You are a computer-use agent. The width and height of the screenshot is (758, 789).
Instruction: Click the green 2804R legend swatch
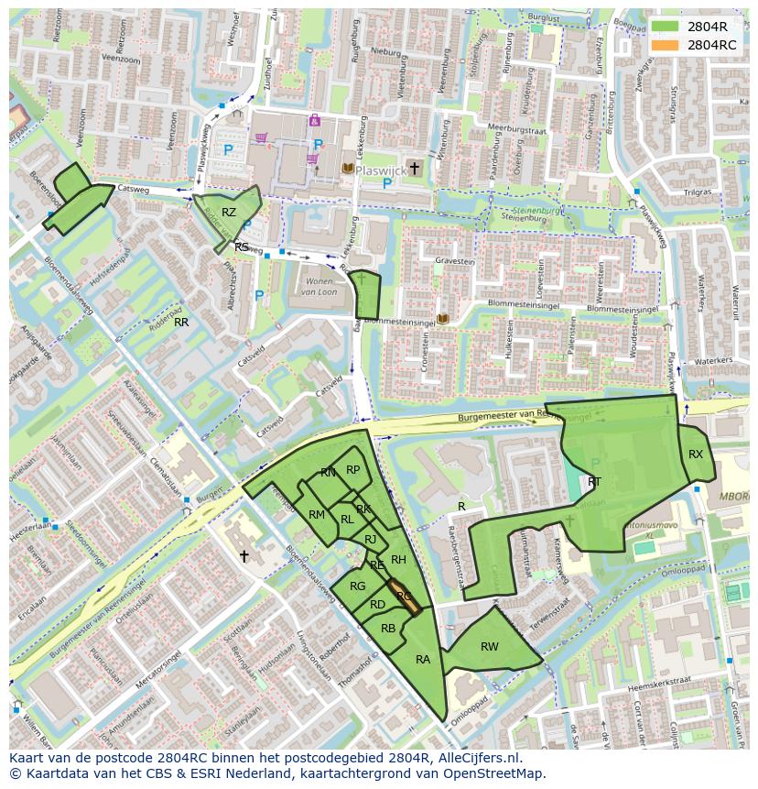click(x=666, y=27)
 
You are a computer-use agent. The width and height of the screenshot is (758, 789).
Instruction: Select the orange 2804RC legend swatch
click(x=666, y=45)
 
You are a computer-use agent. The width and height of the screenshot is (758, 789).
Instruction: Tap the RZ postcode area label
click(x=229, y=213)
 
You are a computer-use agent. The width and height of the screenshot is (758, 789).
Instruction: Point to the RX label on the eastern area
click(x=696, y=455)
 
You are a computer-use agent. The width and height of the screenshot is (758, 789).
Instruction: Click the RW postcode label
click(x=490, y=647)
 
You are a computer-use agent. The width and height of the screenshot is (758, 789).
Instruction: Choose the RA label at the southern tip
click(x=423, y=660)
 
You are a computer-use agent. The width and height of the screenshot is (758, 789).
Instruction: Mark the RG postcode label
click(x=357, y=586)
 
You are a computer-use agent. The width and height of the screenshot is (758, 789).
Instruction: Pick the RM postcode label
click(x=317, y=515)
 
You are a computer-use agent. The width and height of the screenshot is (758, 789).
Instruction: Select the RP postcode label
click(x=352, y=470)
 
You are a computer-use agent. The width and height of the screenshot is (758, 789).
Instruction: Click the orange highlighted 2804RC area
click(x=403, y=596)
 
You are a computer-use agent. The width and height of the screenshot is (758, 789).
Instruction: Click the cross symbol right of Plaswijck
click(x=415, y=168)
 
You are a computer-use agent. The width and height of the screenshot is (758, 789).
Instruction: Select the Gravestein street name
click(x=454, y=261)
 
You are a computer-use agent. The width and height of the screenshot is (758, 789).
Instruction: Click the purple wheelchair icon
click(x=314, y=120)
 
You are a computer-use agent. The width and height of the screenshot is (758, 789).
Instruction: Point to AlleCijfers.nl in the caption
click(x=477, y=758)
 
